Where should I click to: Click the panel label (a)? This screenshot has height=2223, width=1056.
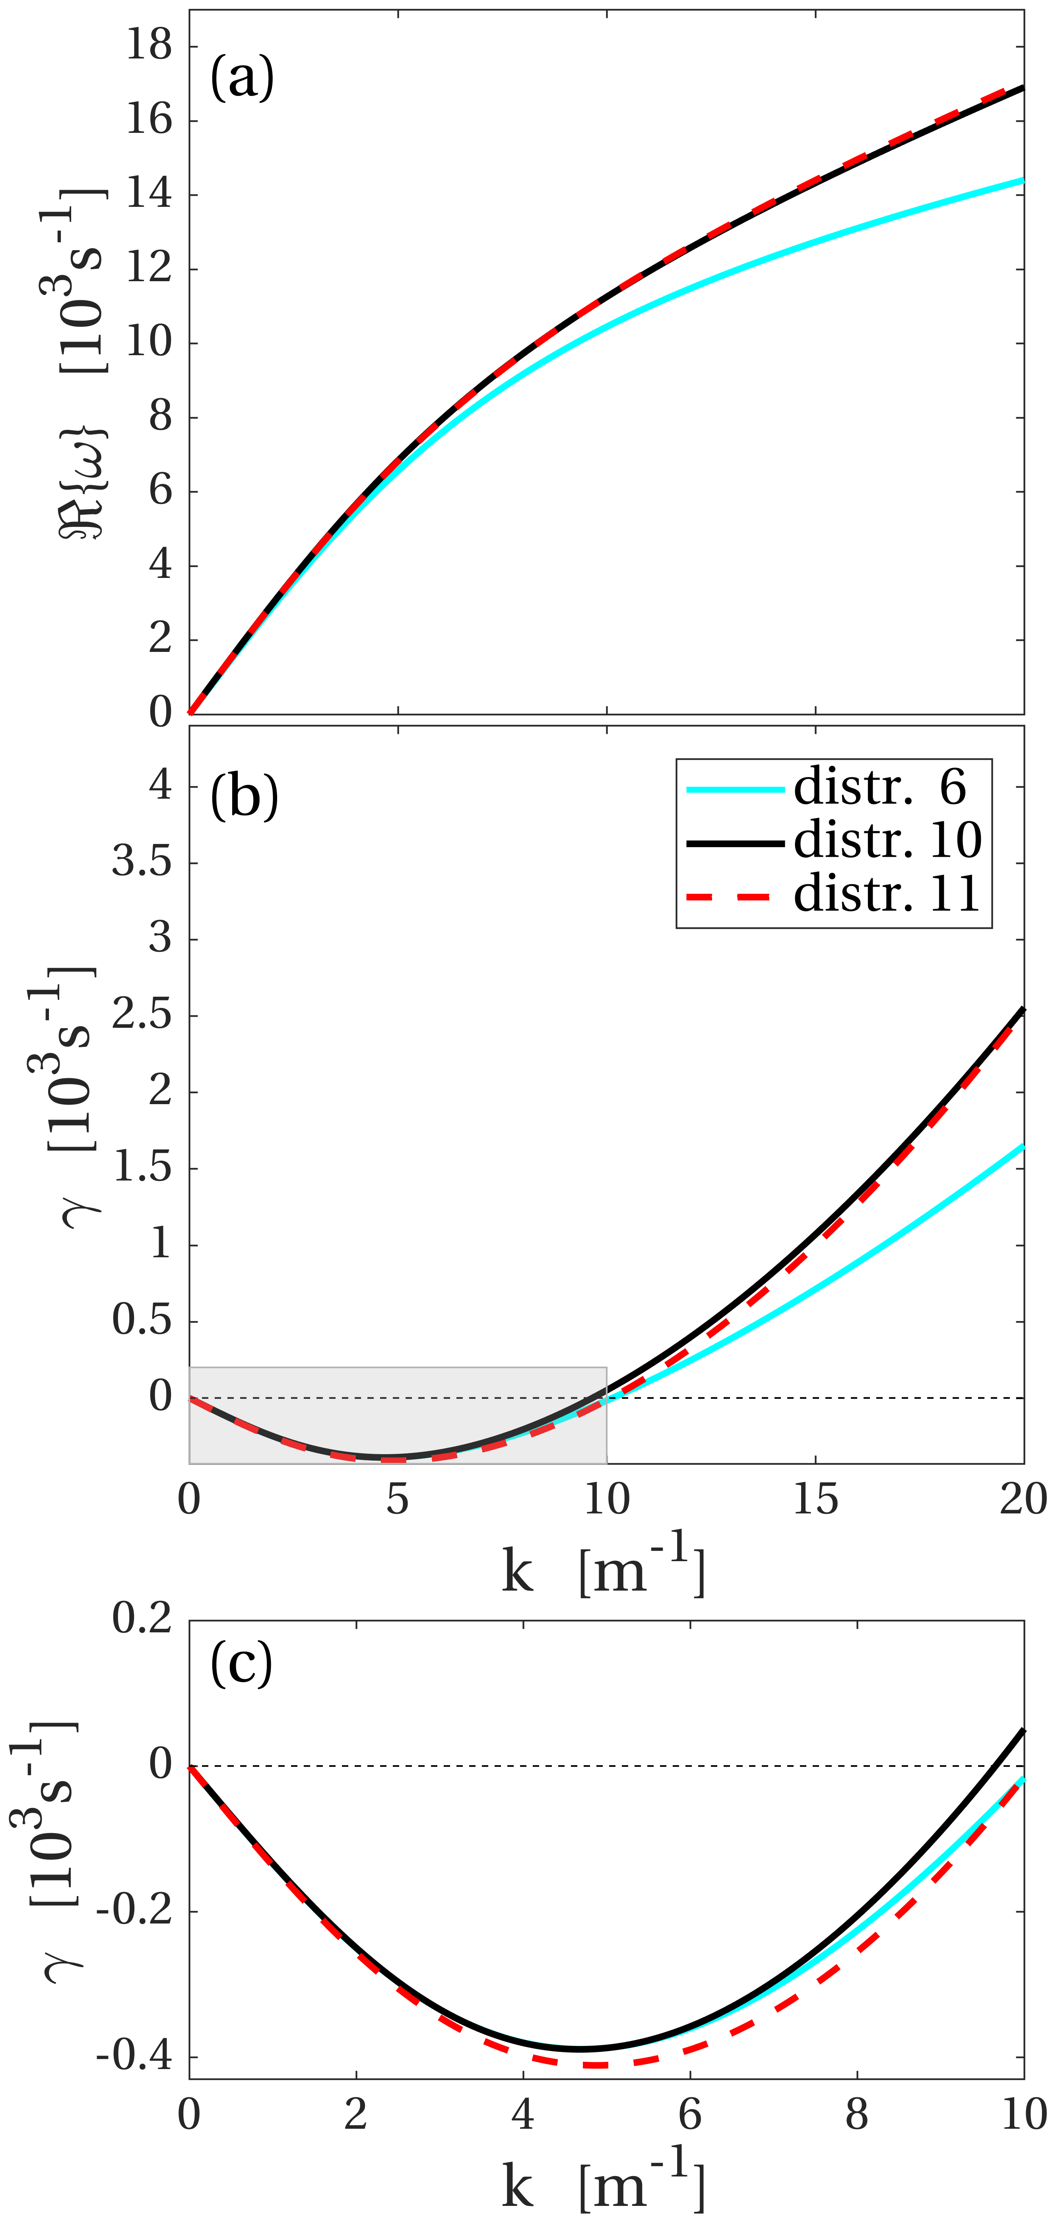242,78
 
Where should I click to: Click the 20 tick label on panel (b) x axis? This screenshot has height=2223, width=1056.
1023,1500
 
